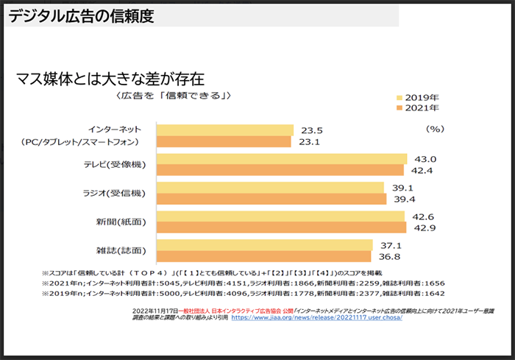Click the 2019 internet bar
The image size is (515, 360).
pos(225,130)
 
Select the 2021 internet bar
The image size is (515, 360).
pos(224,142)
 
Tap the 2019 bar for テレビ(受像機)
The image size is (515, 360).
pos(282,159)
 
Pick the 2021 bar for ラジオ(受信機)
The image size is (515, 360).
pos(271,199)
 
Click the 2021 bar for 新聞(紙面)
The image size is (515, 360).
pos(281,227)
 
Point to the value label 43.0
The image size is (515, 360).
pos(427,159)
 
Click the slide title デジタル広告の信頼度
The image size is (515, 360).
pos(82,17)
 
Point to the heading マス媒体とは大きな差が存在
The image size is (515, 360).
pos(110,76)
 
